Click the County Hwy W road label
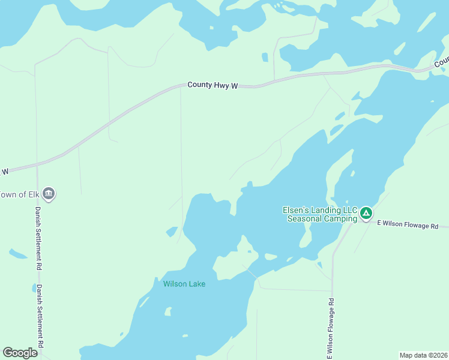click(x=212, y=85)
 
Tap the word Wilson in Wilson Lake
click(x=174, y=284)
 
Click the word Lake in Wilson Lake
click(x=196, y=284)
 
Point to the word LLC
click(x=349, y=210)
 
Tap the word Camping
click(x=339, y=218)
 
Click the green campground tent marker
click(x=366, y=213)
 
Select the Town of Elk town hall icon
click(x=49, y=194)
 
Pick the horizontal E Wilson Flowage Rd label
click(x=412, y=225)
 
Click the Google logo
click(x=20, y=353)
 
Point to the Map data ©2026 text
click(x=423, y=355)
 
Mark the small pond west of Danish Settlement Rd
click(x=17, y=254)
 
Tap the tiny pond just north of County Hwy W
click(x=265, y=58)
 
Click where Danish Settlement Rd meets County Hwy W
click(x=37, y=164)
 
